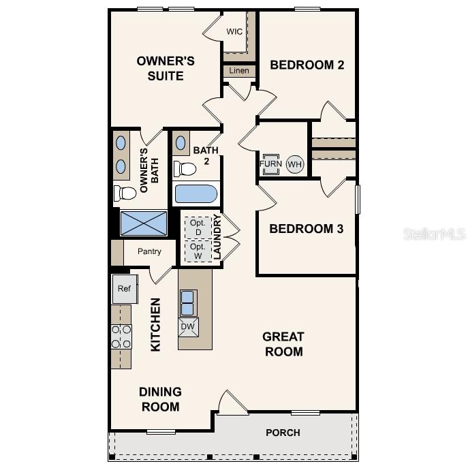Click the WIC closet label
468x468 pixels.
point(234,32)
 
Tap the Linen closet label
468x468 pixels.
point(239,71)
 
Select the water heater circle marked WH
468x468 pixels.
point(294,164)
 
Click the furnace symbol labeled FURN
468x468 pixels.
point(270,164)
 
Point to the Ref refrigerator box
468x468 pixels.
point(124,289)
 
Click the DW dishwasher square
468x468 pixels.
point(188,327)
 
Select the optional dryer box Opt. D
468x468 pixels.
point(198,227)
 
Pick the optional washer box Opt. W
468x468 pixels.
point(198,251)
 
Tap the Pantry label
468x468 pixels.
point(149,252)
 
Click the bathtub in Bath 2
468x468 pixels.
point(196,194)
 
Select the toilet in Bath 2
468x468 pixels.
point(184,168)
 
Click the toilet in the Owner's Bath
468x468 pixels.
point(125,193)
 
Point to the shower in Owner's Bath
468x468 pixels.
point(143,223)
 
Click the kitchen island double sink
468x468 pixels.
point(188,302)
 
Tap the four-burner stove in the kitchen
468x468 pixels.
point(121,337)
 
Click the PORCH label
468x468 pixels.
point(283,433)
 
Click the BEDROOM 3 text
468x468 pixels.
point(306,228)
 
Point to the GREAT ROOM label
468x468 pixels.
point(283,344)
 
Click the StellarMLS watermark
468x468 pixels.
point(435,234)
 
